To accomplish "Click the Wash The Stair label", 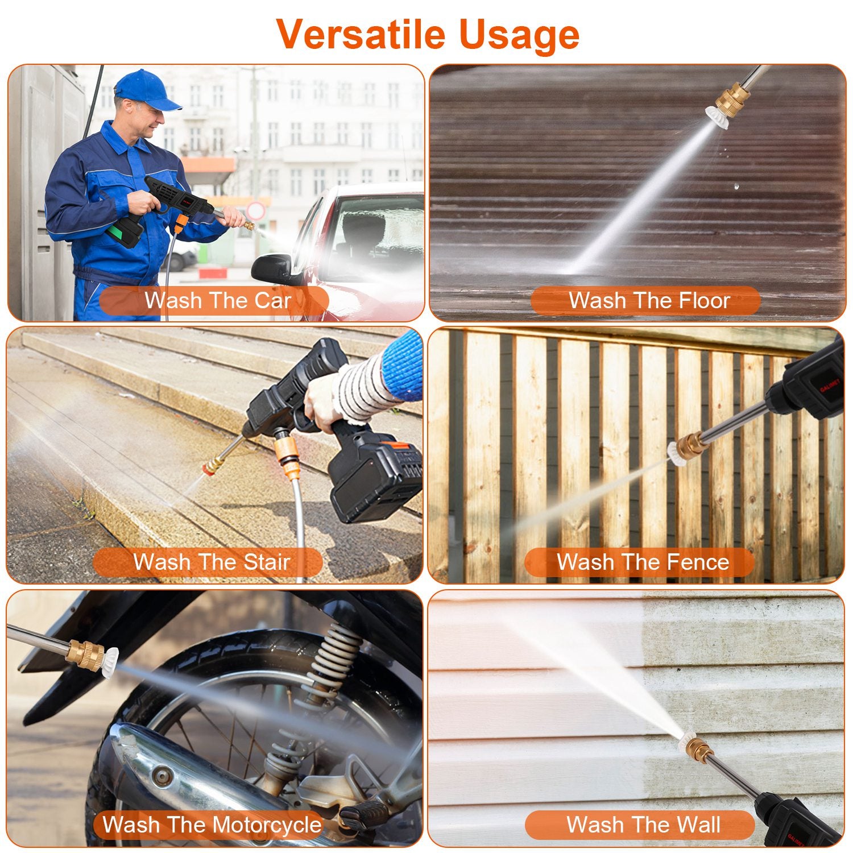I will click(211, 562).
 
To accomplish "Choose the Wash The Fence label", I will click(642, 562).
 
